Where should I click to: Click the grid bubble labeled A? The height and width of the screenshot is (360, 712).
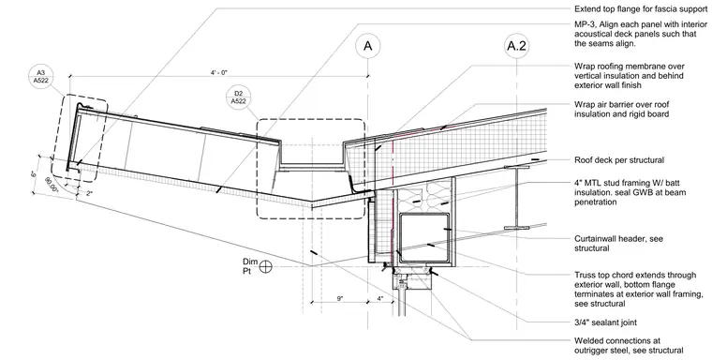tap(368, 46)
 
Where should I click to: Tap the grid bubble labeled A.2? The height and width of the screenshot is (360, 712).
tap(517, 46)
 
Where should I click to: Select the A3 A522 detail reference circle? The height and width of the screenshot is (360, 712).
tap(41, 76)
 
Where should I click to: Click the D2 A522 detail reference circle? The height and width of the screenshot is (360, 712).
tap(238, 97)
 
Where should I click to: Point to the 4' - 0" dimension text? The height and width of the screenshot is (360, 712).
tap(219, 73)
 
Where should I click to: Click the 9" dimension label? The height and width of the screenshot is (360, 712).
tap(340, 299)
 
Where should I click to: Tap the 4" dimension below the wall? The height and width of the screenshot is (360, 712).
tap(380, 299)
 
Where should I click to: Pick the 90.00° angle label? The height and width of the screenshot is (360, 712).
tap(52, 185)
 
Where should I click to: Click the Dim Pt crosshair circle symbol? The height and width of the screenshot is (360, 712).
tap(266, 266)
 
